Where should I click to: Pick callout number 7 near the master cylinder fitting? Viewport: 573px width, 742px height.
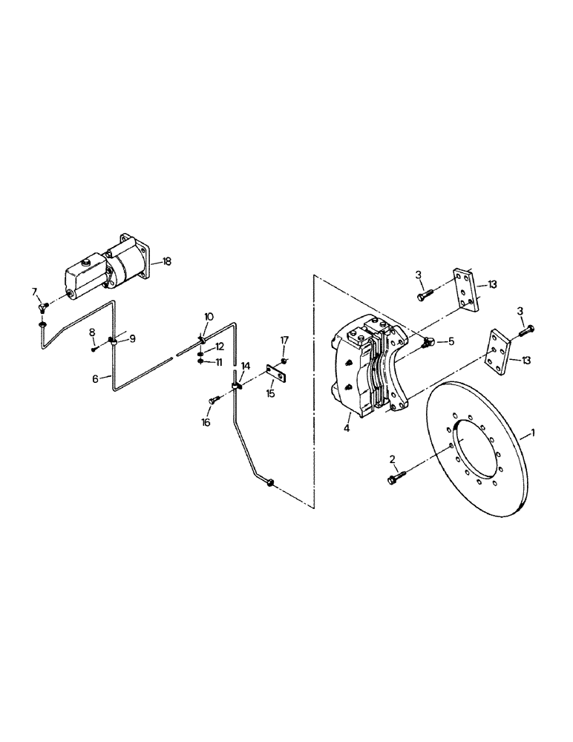point(34,290)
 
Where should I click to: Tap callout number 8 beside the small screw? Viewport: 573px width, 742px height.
point(92,332)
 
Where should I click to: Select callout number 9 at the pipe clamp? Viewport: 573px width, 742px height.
point(134,338)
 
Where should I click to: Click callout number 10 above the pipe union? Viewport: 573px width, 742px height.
point(209,317)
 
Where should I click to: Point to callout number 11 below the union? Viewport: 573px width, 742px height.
point(218,362)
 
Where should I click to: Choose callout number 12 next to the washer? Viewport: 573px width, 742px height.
point(219,347)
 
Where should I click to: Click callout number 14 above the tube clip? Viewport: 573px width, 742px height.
point(244,366)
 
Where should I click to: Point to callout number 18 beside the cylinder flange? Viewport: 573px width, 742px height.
point(167,261)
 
